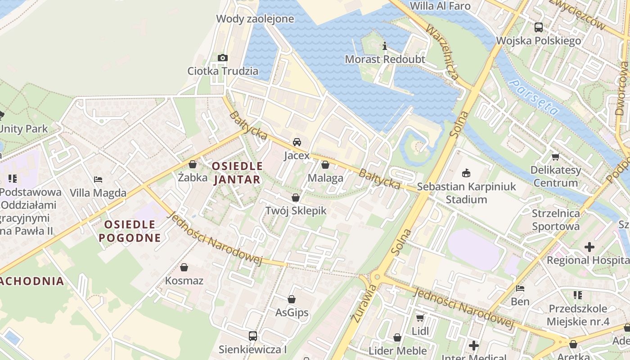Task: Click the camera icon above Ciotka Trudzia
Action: tap(223, 58)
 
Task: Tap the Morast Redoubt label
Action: tap(385, 59)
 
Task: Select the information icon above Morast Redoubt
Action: tap(384, 46)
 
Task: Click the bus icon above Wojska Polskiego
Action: tap(539, 27)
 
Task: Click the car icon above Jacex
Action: tap(297, 142)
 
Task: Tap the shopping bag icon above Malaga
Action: tap(325, 165)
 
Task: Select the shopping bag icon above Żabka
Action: tap(193, 164)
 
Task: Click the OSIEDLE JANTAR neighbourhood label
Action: tap(237, 173)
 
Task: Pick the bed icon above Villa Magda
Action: tap(98, 180)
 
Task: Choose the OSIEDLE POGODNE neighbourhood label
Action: tap(130, 231)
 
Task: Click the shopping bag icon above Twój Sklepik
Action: tap(296, 198)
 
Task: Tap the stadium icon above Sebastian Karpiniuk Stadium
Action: tap(466, 173)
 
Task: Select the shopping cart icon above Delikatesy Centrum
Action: tap(555, 157)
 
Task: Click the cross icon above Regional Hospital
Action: tap(589, 247)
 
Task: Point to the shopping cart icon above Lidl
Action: tap(420, 318)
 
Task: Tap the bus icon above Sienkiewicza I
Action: tap(253, 336)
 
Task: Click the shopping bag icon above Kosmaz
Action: tap(184, 267)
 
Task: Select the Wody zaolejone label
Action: tap(255, 19)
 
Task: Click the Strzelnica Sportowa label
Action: tap(556, 220)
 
